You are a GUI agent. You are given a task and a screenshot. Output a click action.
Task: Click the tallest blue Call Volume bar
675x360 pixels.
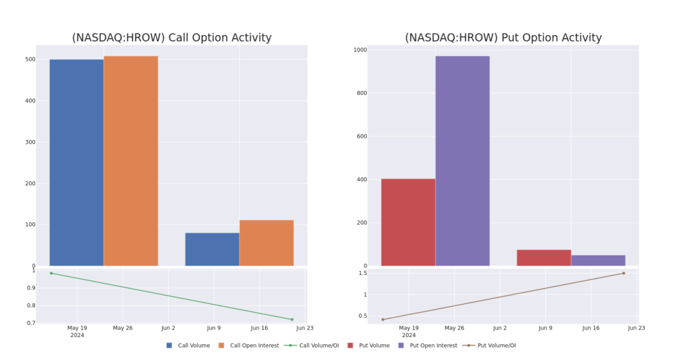[x=76, y=162]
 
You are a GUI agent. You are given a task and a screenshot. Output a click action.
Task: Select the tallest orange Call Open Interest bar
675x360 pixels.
[x=131, y=161]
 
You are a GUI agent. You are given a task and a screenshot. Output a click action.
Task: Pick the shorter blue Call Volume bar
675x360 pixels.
[x=212, y=249]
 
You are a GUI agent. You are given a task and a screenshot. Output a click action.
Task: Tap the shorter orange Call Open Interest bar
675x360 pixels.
[x=266, y=243]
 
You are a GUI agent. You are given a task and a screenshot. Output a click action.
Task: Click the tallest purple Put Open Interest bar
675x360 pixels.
[x=462, y=161]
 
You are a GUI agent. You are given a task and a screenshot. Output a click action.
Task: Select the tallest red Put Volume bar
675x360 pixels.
[x=408, y=222]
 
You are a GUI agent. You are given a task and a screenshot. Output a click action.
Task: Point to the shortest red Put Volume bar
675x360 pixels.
[x=544, y=258]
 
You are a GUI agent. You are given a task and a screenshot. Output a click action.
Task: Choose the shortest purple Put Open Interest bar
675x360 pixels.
[x=598, y=260]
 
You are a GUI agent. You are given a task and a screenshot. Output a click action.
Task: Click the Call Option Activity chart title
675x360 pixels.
[x=171, y=38]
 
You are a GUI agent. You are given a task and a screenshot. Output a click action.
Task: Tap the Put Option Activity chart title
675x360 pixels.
[x=503, y=38]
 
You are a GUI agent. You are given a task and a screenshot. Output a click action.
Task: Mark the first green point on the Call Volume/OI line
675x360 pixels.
[x=51, y=273]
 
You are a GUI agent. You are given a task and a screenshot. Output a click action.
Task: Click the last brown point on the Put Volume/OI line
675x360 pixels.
[x=624, y=273]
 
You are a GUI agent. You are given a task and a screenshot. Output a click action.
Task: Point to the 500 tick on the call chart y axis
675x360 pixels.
[x=30, y=59]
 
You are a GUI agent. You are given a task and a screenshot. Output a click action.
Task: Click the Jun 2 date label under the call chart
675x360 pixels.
[x=167, y=328]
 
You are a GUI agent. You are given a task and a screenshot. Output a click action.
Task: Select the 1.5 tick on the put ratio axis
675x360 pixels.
[x=363, y=273]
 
